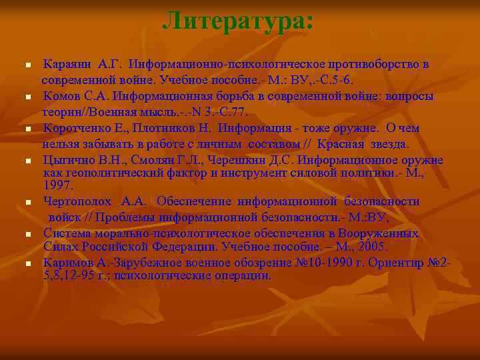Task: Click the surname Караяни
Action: coord(67,65)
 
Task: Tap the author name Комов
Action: coord(64,97)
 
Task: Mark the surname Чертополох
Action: coord(78,201)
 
